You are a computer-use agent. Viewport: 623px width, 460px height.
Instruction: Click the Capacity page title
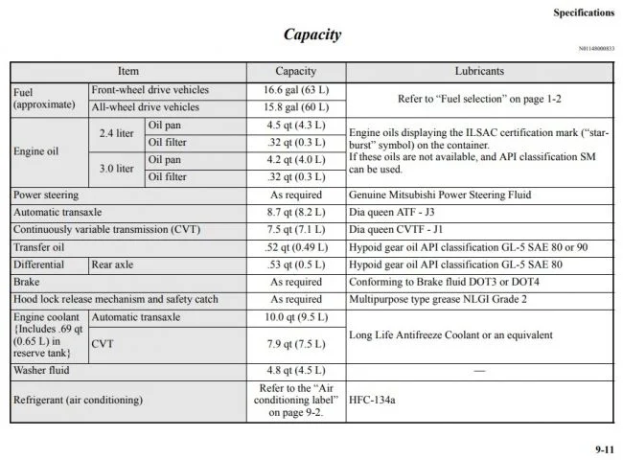(x=311, y=34)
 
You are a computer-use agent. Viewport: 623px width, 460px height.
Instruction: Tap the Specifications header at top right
(x=584, y=12)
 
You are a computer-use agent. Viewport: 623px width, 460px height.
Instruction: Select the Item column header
(x=127, y=72)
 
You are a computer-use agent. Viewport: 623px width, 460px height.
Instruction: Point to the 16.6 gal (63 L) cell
(x=295, y=90)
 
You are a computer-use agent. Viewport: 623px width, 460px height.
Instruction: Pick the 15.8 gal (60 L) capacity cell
(x=295, y=107)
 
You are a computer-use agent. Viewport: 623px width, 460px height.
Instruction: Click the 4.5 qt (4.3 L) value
(x=295, y=126)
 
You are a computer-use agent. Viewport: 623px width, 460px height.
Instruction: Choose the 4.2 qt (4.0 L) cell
(x=295, y=160)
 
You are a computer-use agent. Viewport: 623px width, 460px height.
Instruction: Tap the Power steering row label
(x=46, y=195)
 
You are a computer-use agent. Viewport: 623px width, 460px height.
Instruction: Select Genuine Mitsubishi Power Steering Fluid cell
(x=440, y=195)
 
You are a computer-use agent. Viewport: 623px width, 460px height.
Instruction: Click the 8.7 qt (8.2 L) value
(x=295, y=212)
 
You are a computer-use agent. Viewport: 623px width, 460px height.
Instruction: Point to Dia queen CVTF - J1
(x=396, y=230)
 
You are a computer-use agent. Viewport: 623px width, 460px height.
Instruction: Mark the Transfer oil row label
(x=39, y=247)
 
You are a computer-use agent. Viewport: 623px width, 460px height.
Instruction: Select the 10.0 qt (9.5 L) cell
(x=295, y=317)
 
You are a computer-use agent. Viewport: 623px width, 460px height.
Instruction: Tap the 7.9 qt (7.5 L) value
(x=295, y=343)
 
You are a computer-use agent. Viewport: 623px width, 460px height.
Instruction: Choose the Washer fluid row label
(x=41, y=370)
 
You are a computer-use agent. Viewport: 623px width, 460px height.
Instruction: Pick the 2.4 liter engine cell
(x=115, y=134)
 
